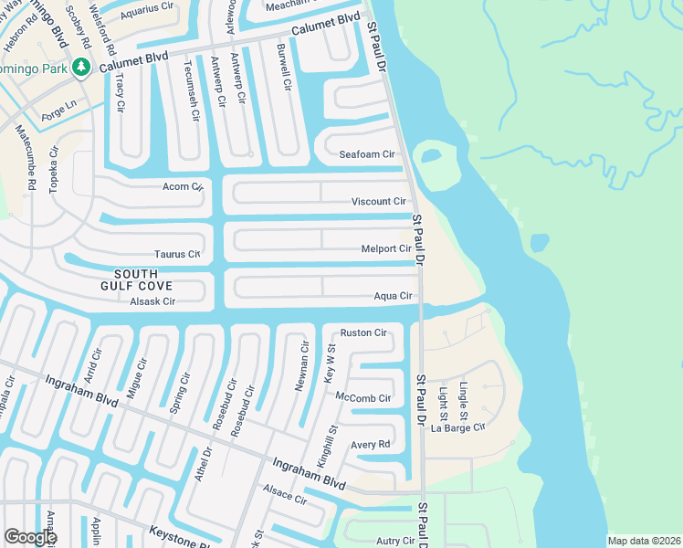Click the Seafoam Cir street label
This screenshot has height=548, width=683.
point(366,155)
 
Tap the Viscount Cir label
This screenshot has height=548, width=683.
point(378,202)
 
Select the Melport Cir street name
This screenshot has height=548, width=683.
point(385,248)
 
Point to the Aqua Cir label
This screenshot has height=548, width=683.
point(394,296)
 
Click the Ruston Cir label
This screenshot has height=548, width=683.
point(363,332)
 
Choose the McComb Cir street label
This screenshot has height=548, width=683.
point(363,398)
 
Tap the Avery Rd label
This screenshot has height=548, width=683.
point(370,445)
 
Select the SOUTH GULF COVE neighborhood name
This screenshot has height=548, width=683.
point(135,280)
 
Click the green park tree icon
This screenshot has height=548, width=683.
point(81,67)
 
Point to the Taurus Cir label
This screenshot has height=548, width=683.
point(176,255)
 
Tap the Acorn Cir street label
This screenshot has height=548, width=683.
point(181,187)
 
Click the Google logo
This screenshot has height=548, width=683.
point(30,537)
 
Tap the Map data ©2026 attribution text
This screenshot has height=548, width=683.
point(644,541)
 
